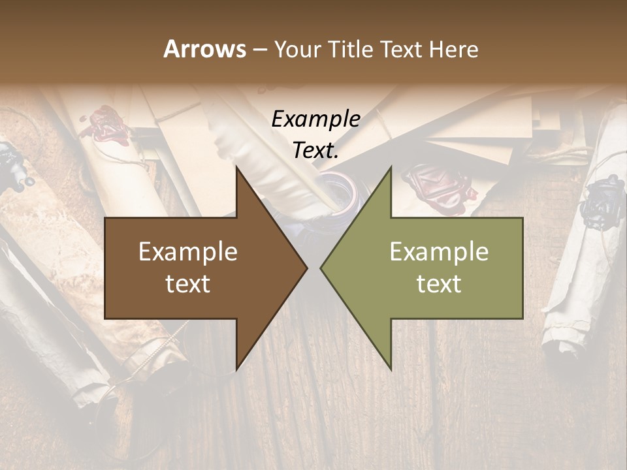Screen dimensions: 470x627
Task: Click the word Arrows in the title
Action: click(204, 49)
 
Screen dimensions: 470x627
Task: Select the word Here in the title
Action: click(453, 49)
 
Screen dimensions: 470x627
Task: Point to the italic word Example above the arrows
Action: click(315, 119)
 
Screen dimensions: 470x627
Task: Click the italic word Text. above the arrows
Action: click(315, 151)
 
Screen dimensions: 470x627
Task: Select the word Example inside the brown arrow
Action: click(188, 252)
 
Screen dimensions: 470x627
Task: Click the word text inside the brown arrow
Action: click(188, 284)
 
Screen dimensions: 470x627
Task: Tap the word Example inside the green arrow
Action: click(439, 252)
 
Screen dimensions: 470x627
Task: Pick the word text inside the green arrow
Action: click(439, 284)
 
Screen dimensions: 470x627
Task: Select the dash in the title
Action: click(259, 50)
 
